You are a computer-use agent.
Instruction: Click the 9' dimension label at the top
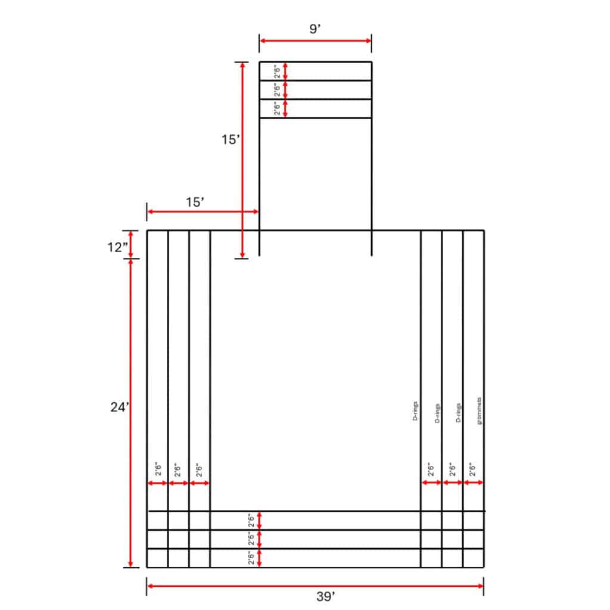pos(315,29)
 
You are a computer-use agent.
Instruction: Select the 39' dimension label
pos(326,596)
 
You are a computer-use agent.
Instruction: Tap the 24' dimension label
pos(119,407)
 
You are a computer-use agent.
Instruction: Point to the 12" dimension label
pos(117,247)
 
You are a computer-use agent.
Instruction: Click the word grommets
pos(479,411)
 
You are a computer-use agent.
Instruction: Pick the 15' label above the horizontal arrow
pos(195,203)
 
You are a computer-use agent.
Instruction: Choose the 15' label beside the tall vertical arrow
pos(231,139)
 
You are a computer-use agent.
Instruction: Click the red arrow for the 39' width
pos(315,586)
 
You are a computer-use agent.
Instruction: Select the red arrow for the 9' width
pos(316,41)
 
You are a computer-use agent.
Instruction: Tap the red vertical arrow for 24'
pos(130,413)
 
